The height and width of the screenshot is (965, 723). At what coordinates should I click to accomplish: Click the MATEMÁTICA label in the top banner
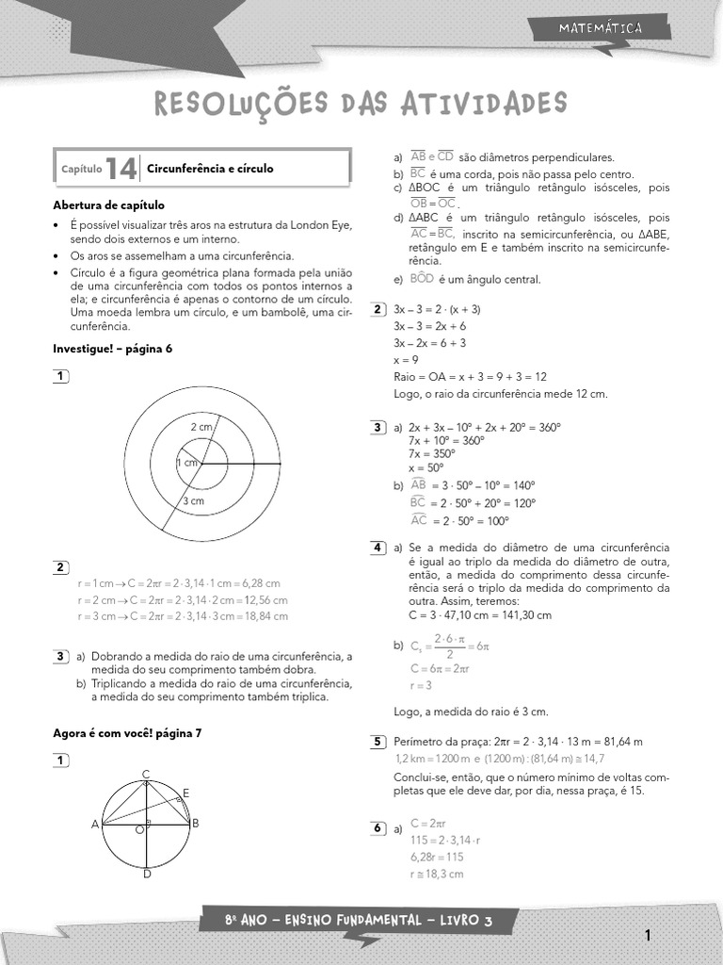(x=600, y=28)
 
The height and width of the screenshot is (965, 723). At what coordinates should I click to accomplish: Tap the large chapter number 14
(x=121, y=169)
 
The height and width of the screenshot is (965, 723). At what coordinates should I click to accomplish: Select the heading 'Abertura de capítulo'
(x=108, y=204)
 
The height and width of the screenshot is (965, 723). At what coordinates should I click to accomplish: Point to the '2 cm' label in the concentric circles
(x=201, y=427)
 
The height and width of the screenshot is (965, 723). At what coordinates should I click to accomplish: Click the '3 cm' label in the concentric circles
(x=193, y=501)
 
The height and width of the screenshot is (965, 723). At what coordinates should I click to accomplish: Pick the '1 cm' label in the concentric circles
(x=187, y=463)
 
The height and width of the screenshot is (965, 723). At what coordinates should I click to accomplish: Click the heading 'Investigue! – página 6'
(x=112, y=349)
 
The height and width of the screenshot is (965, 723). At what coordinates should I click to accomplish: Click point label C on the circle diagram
(x=146, y=775)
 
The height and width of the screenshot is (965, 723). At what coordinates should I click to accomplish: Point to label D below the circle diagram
(x=147, y=875)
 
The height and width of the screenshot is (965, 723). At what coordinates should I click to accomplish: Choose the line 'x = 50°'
(x=426, y=467)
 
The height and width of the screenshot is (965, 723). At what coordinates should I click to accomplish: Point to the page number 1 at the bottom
(x=648, y=936)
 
